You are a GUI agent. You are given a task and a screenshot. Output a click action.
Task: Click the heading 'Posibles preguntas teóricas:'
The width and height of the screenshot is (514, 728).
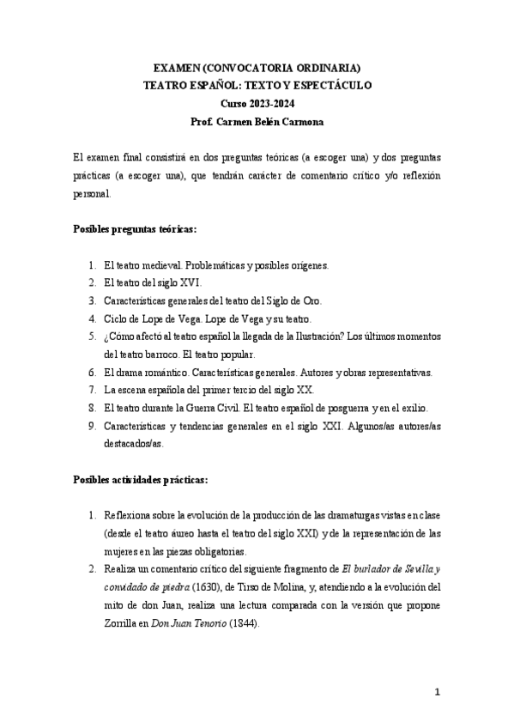[x=134, y=231]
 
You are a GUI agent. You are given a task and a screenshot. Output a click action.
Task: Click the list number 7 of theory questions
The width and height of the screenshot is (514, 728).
[x=93, y=390]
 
